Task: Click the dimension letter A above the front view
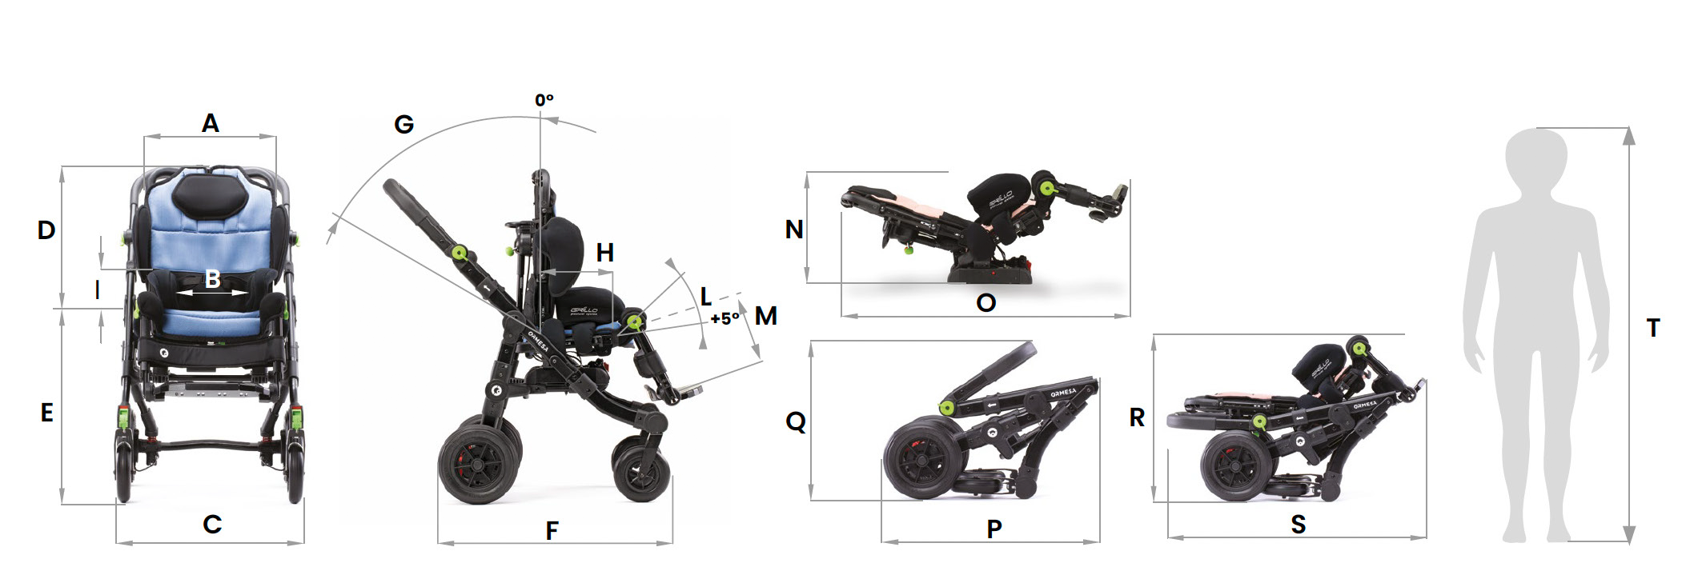point(210,123)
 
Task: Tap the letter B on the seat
point(212,279)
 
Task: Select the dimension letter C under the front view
point(212,525)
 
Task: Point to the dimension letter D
point(46,230)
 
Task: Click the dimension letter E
point(47,413)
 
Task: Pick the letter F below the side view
point(552,531)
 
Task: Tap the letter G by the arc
point(404,125)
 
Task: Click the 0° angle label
point(544,100)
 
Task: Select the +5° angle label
point(725,318)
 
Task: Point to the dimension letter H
point(605,253)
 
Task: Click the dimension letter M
point(766,316)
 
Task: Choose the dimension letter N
point(794,230)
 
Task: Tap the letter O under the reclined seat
point(986,303)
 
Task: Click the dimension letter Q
point(796,421)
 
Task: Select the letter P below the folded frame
point(994,529)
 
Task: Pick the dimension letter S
point(1299,525)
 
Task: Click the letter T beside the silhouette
point(1653,328)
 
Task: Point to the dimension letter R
point(1137,417)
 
